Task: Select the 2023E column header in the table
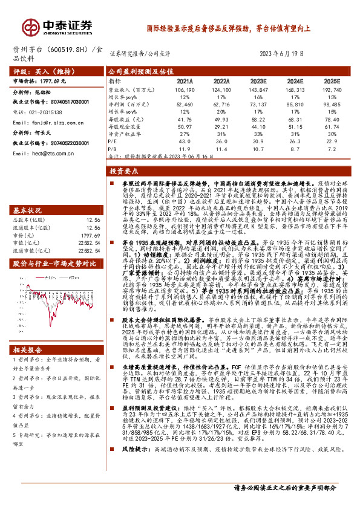[258, 80]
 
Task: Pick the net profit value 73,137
[257, 104]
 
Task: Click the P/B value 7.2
[331, 148]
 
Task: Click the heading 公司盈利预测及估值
[137, 71]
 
